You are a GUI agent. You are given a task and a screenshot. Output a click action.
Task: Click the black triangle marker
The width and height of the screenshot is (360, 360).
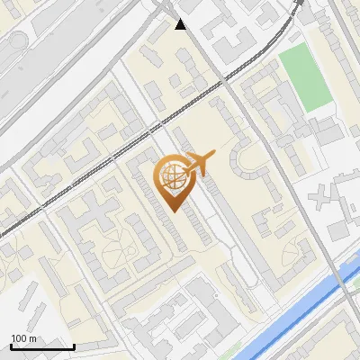coord(181,24)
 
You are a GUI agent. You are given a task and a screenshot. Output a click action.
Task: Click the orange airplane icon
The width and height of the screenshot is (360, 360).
coord(199,163)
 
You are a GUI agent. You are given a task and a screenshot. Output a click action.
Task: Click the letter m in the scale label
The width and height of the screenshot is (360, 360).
coord(32,337)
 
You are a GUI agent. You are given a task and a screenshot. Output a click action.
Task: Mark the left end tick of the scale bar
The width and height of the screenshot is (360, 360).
coord(11,345)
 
